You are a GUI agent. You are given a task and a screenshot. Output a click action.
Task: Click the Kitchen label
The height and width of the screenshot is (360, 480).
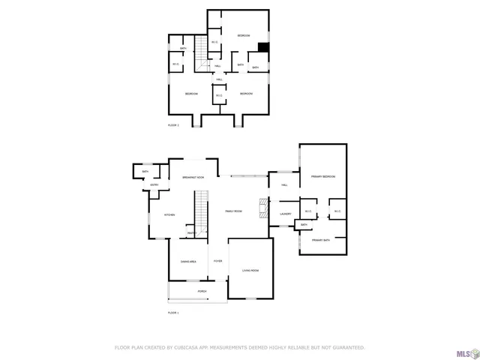coord(169,215)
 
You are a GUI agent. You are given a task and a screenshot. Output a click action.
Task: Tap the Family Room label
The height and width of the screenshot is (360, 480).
coord(234,211)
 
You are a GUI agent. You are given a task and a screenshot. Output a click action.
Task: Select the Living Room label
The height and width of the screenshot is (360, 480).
coord(250,270)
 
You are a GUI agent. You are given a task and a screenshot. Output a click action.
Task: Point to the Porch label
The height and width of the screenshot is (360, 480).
coord(202,291)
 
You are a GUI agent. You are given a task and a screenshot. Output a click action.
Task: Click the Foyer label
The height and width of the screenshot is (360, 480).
coord(217,261)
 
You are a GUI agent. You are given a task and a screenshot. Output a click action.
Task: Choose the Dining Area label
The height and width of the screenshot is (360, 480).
coord(188,261)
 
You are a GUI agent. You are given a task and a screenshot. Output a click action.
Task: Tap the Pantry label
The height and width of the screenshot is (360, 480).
coord(191,233)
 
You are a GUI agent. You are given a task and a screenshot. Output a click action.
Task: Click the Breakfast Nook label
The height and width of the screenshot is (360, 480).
coord(193,178)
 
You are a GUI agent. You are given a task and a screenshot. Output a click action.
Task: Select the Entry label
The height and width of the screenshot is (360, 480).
coord(154,185)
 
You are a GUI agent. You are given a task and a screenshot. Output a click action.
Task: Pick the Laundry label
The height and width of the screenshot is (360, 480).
coord(285,214)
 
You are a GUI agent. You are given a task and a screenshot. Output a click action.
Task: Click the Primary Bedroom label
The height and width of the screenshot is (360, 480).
coord(324,176)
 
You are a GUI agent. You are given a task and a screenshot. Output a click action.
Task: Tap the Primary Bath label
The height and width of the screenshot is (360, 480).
coord(322,240)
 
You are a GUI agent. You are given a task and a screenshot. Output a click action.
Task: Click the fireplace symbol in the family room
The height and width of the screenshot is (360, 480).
coord(262,208)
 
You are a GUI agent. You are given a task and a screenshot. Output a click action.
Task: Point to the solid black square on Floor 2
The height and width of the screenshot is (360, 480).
coord(263,47)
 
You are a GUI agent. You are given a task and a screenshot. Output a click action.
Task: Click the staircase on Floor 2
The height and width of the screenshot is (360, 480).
coord(200,54)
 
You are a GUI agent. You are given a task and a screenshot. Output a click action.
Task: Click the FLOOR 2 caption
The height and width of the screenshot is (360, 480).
coord(173,125)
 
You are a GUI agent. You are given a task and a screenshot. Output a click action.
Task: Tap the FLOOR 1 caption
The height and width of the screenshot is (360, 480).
coord(173,312)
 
